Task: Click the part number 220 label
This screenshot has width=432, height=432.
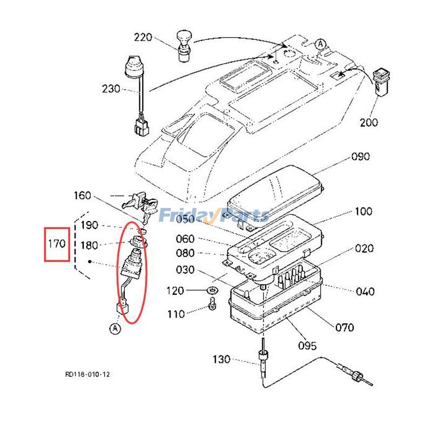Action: pos(144,38)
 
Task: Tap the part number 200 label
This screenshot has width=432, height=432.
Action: pos(369,122)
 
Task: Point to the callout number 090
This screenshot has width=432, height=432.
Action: pos(361,157)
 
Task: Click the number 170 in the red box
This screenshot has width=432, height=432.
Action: pos(56,244)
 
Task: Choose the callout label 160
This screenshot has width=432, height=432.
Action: pos(83,195)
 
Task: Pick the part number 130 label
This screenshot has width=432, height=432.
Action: pos(221,359)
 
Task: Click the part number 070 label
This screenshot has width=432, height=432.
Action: pos(345,327)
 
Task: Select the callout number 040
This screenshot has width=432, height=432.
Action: pos(365,292)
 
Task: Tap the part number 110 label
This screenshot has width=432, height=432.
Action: pos(176,314)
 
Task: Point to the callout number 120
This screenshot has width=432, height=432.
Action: pos(176,291)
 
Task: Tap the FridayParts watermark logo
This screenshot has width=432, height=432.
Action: pos(213,216)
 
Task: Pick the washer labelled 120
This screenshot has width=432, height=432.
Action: pos(213,292)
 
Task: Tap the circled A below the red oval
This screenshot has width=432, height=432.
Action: pos(114,328)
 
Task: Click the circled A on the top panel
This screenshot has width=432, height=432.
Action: pos(321,43)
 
